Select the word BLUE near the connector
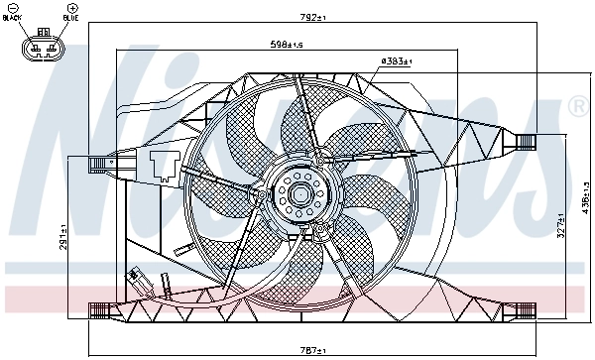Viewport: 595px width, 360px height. click(x=72, y=18)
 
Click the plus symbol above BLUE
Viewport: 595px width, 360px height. click(x=72, y=8)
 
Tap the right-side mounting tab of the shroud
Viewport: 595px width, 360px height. click(x=525, y=141)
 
